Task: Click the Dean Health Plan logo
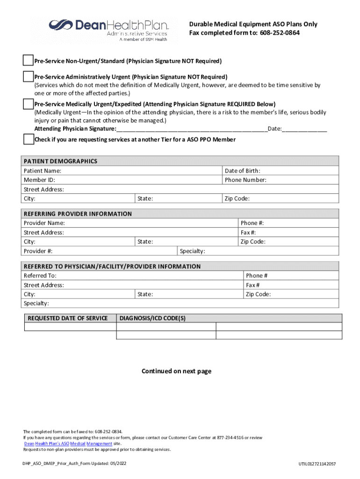(108, 29)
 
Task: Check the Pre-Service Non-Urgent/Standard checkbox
(29, 61)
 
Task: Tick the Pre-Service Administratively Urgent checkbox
(29, 76)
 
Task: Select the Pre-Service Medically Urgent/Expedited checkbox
(29, 103)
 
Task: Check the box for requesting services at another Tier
(29, 139)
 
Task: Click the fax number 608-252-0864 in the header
(280, 33)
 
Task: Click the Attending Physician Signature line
(192, 129)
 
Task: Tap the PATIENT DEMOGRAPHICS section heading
(60, 161)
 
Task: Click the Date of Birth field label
(242, 171)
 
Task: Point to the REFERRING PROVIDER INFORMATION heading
(78, 214)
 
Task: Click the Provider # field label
(38, 251)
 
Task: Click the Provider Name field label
(44, 223)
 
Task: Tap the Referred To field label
(40, 276)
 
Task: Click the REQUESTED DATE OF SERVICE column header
(68, 318)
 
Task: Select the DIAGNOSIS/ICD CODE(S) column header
(153, 318)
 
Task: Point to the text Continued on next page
(176, 371)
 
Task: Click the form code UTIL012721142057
(317, 464)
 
